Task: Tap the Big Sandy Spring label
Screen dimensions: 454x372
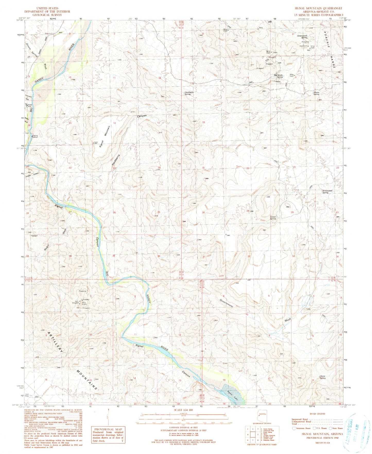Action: coord(278,76)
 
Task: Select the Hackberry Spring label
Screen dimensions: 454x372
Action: coord(189,93)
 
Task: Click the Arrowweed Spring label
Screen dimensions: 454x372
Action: coord(325,192)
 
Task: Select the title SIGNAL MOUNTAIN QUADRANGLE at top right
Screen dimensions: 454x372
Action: coord(318,8)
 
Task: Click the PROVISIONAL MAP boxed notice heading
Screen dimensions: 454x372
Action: coord(107,429)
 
